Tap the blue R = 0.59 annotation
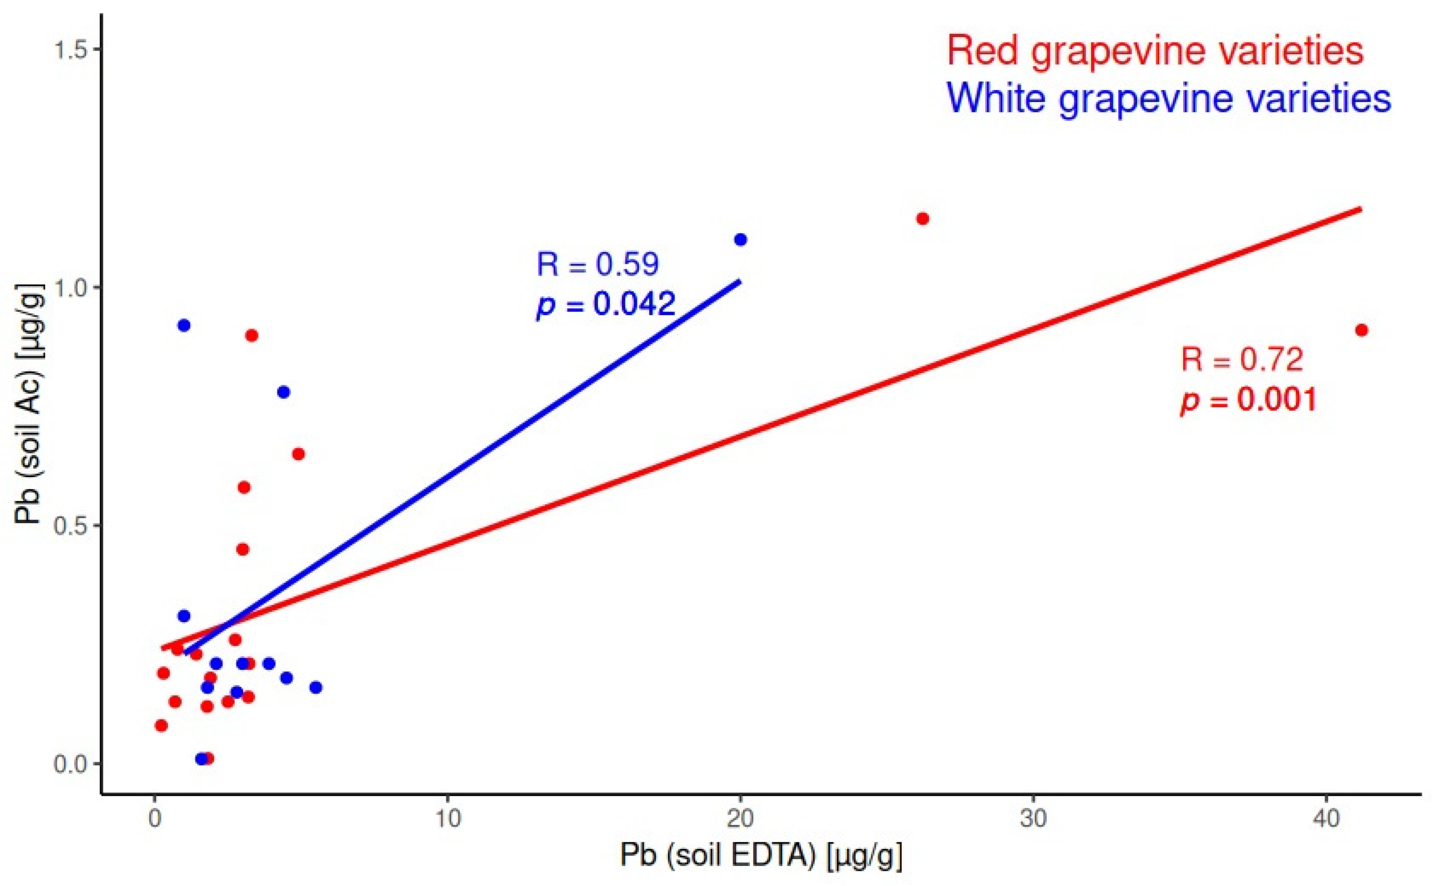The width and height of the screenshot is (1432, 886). pos(597,264)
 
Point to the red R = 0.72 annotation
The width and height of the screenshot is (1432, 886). pos(1241,359)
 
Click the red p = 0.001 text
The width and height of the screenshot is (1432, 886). pos(1248,399)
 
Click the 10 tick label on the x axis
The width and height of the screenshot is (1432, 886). pos(447,819)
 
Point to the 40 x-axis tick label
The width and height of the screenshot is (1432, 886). pos(1326,819)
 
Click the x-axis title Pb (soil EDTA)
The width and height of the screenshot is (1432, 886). pos(760,856)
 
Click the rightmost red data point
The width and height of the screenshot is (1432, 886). pos(1362,330)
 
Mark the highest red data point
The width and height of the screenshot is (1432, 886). pos(922,219)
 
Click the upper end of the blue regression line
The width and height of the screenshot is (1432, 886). pos(739,281)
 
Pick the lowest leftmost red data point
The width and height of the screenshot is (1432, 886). pos(161,725)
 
